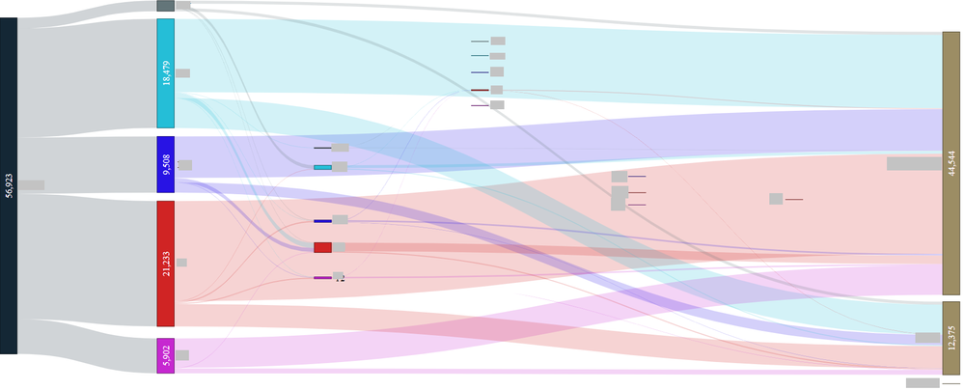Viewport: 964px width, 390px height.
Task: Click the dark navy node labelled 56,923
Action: point(9,185)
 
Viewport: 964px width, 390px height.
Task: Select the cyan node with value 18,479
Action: point(166,73)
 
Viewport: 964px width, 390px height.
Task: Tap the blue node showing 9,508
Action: point(166,164)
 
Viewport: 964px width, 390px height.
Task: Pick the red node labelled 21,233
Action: point(166,264)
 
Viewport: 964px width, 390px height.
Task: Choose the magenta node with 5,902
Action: point(166,355)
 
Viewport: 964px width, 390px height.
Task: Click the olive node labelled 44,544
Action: point(951,163)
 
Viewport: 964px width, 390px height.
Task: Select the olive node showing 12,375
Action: point(951,338)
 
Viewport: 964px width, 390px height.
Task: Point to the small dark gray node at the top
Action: point(166,6)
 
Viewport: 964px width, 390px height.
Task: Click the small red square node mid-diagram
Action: point(322,247)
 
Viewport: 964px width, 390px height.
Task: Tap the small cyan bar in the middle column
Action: point(322,167)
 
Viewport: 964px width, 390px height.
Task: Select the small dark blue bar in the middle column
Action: point(322,221)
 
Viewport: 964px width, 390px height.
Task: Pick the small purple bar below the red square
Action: point(322,278)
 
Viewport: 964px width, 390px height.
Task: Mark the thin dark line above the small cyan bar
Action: point(322,148)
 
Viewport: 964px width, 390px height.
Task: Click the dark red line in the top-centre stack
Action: point(480,90)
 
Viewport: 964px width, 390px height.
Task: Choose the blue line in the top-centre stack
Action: point(480,72)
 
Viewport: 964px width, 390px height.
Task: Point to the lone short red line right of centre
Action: point(793,199)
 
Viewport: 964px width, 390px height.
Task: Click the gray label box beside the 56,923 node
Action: point(31,184)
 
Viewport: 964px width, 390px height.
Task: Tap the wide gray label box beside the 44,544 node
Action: point(914,163)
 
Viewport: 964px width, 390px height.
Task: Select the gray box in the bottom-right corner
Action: point(922,383)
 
